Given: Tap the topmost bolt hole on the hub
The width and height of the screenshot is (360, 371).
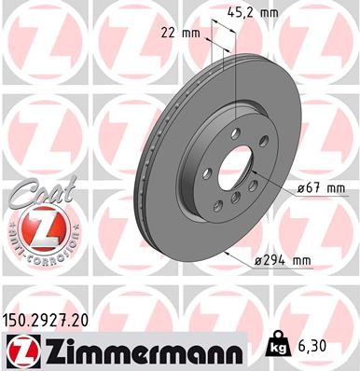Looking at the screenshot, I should pos(225,131).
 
